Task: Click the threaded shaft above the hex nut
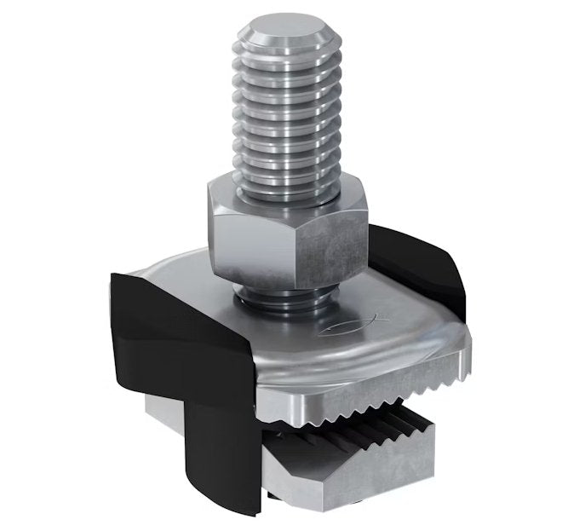click(289, 119)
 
